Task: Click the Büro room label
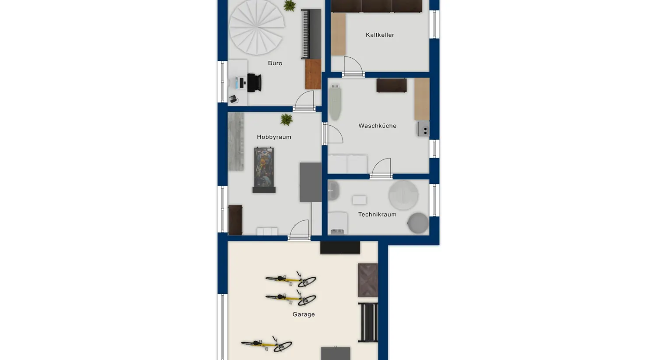[275, 63]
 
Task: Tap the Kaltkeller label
[380, 35]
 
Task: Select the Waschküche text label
[377, 126]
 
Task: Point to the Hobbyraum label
[274, 137]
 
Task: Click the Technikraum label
[377, 214]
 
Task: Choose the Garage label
[304, 314]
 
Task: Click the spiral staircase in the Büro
[257, 27]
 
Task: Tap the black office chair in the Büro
[254, 83]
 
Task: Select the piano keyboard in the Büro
[311, 34]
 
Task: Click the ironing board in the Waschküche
[335, 102]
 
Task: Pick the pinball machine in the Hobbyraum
[264, 170]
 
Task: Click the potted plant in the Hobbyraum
[286, 119]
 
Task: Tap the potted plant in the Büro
[290, 6]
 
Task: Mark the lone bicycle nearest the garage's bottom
[267, 344]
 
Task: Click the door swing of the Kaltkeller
[353, 67]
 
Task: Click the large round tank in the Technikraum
[403, 195]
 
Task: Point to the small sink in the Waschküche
[424, 129]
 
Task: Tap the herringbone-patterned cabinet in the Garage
[367, 280]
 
